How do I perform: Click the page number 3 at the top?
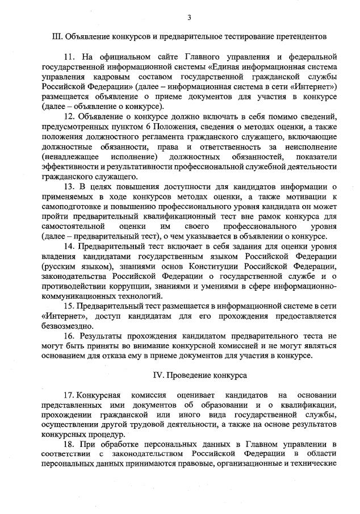click(x=189, y=17)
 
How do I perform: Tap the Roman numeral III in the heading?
click(x=57, y=37)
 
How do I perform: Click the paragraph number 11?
click(x=70, y=57)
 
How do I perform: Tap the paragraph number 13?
click(x=70, y=187)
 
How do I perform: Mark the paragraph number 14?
click(x=70, y=246)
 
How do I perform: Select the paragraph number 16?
click(x=70, y=336)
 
